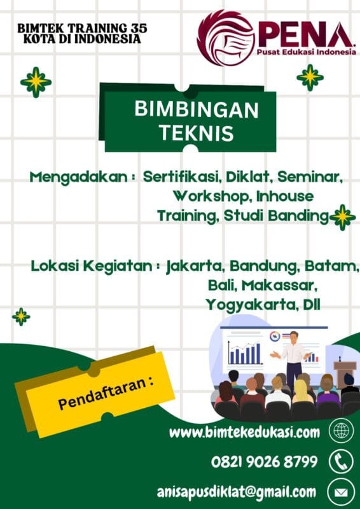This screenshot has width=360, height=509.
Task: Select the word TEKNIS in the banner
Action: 197,134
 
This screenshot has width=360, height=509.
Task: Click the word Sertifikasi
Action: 182,177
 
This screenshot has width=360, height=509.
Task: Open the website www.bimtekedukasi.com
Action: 244,433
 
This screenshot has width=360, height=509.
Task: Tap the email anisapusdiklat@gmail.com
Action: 237,491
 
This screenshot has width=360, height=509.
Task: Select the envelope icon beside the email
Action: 341,491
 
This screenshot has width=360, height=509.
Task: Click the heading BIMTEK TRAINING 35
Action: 83,28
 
